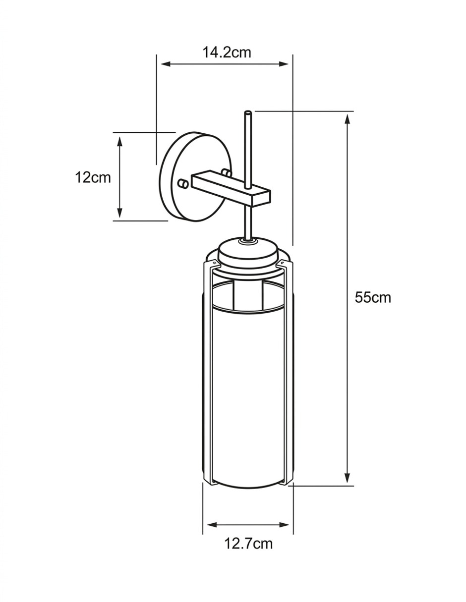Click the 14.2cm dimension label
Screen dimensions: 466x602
[227, 52]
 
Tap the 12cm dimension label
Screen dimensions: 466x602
[93, 177]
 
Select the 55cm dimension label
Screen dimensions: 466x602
[373, 298]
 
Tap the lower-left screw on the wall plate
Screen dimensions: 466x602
[183, 184]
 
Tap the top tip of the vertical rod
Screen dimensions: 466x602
[248, 112]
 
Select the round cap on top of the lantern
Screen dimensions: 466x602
[247, 251]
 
